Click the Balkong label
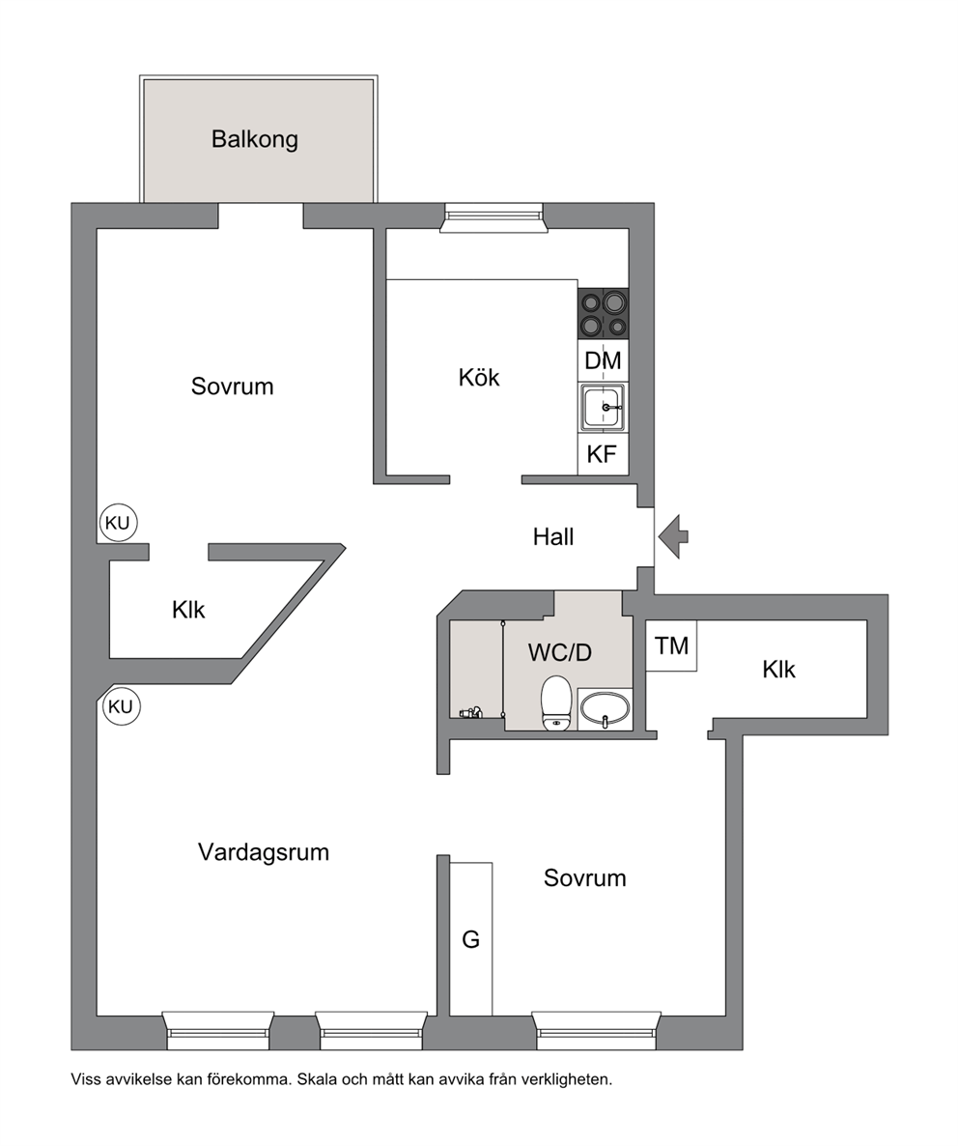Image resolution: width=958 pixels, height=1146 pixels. pos(255,139)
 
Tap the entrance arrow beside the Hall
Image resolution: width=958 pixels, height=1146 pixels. pos(673,536)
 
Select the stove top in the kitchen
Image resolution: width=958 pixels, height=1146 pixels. pos(604,313)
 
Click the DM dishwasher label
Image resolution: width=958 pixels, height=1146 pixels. pos(604,360)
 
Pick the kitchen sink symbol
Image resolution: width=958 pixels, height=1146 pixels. pos(604,408)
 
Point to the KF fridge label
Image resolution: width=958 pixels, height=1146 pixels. pos(602,454)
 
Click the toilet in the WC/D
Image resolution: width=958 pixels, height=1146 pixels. pos(556,702)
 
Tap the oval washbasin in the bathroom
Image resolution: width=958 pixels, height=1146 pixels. pos(605,710)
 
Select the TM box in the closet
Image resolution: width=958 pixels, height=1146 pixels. pos(672,645)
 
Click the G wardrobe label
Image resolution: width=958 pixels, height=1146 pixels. pos(471,939)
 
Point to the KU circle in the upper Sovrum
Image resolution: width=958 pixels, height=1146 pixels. pos(118,523)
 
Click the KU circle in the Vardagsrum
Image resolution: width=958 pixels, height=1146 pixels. pos(122,706)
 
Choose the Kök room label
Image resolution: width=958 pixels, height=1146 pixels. pos(479,378)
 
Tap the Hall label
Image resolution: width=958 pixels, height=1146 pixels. pos(552,537)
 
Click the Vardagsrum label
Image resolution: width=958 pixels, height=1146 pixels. pos(264,852)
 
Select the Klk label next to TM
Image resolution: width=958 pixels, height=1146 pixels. pos(778,670)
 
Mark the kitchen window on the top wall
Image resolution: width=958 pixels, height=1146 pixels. pos(494,217)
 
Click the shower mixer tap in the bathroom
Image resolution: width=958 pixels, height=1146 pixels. pos(471,712)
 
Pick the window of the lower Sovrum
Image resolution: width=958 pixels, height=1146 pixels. pos(597,1030)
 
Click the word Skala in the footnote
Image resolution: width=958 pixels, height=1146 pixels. pos(316,1079)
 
